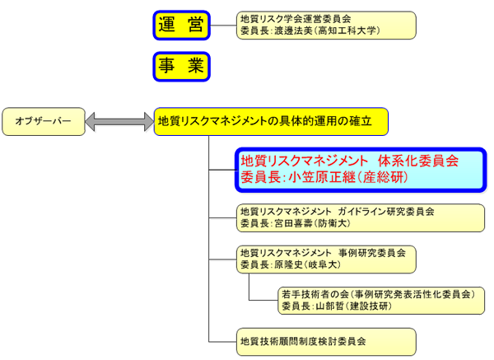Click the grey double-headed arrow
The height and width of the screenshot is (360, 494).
[119, 122]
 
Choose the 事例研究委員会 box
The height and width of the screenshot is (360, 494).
[326, 259]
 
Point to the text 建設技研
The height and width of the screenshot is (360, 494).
[367, 306]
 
